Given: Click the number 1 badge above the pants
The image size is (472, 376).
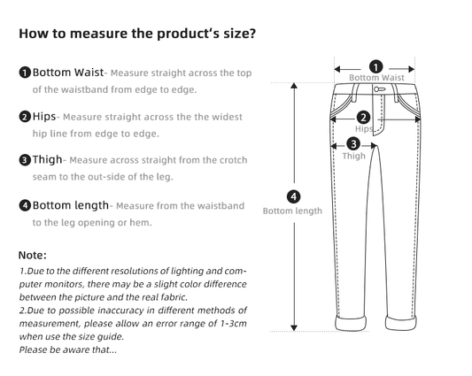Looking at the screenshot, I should coord(375,66).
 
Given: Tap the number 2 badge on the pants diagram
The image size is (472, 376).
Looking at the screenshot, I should coord(363,117).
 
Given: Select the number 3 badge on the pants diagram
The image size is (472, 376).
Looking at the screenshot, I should coord(353,143).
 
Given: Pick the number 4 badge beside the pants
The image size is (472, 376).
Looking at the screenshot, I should coord(294,196).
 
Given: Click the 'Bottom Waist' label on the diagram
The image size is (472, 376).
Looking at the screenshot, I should coord(376,78).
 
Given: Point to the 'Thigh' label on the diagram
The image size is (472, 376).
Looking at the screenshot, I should coord(353,157).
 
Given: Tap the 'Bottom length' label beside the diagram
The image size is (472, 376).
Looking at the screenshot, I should coord(292,211).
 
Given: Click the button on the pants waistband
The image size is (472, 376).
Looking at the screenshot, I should coord(378,88).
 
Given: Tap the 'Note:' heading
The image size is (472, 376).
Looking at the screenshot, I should coord(33,255).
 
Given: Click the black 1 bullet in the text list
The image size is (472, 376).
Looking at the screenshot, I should coord(26,72).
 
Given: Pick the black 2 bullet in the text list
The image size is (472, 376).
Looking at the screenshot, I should coord(26,117).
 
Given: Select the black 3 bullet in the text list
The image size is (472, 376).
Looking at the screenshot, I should coord(26,160).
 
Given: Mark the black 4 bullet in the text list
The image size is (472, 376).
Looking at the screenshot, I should coord(26,206).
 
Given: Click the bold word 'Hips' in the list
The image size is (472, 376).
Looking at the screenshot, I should coord(45,117).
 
